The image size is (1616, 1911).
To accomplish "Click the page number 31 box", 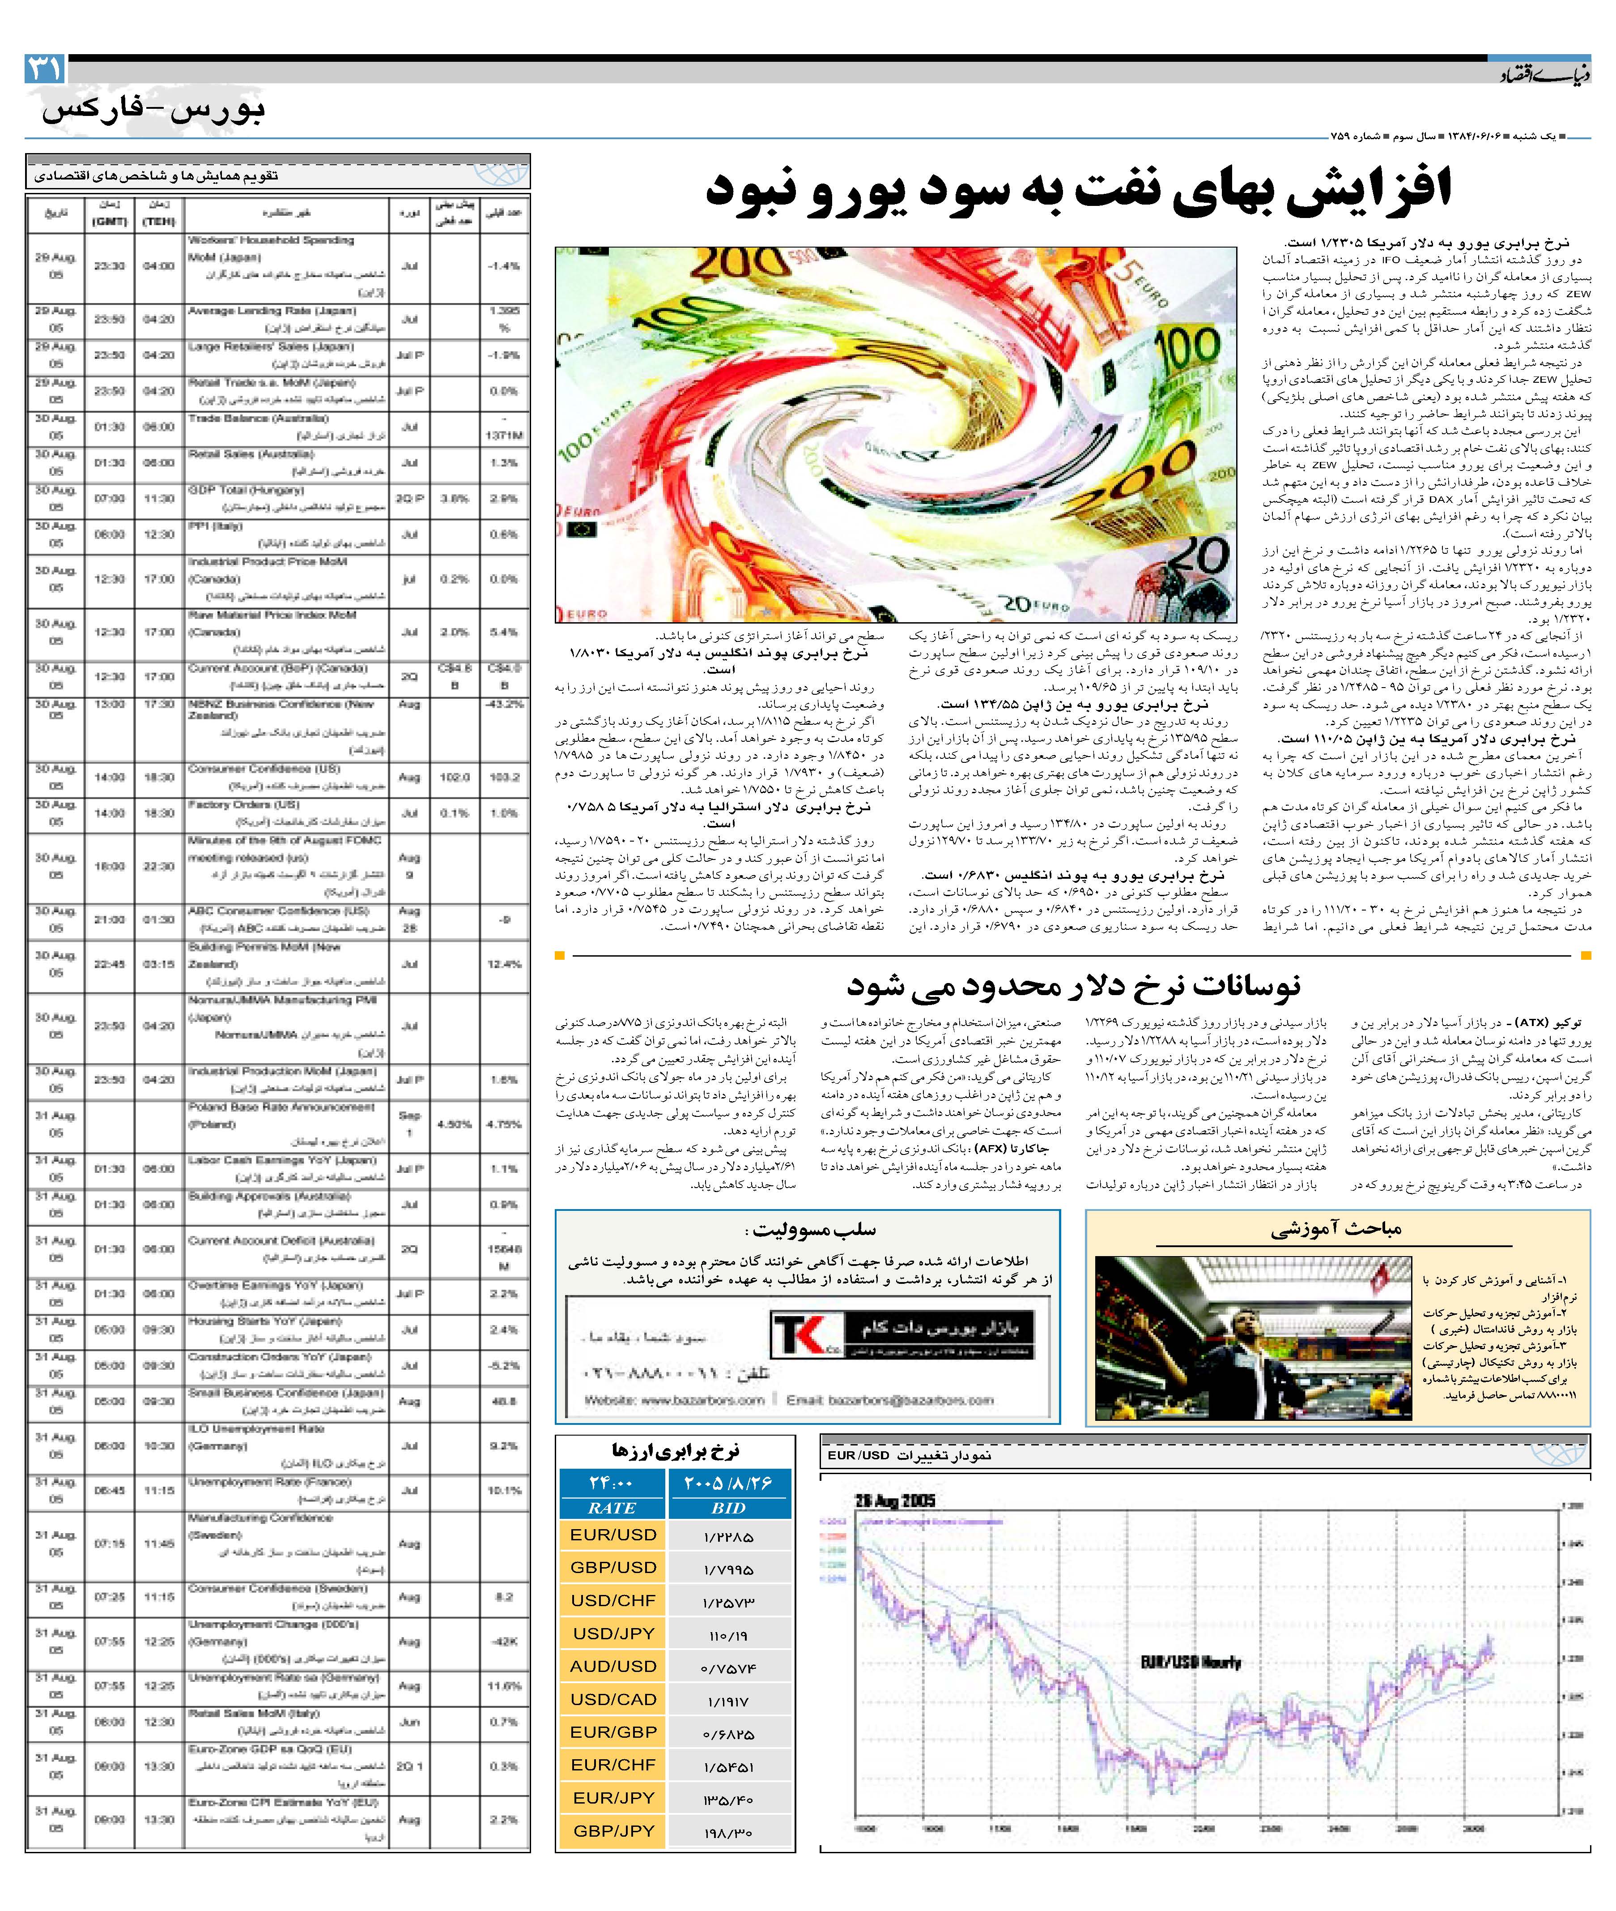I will coord(44,69).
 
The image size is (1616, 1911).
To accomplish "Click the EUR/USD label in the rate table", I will coord(613,1534).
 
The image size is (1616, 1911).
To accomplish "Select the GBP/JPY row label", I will coord(613,1830).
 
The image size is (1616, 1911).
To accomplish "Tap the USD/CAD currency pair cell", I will coord(613,1698).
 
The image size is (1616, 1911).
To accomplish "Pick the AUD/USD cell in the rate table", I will coord(613,1665).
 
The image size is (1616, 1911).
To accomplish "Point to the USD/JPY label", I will coord(613,1633).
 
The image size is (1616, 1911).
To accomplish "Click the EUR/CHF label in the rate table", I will coord(613,1764).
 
